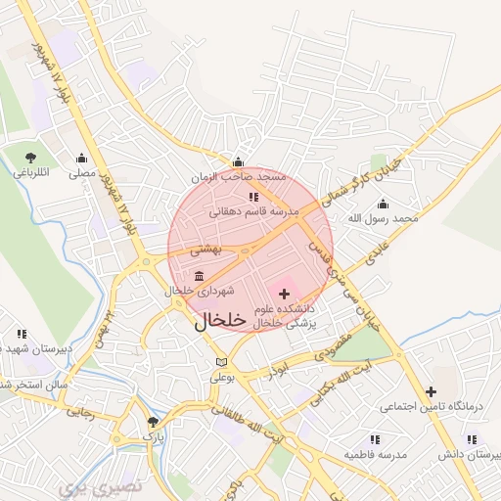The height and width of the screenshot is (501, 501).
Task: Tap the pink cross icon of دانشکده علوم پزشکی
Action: [285, 294]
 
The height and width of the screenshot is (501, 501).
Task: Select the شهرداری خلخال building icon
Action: [200, 275]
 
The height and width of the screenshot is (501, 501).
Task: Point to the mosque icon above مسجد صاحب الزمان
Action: [238, 162]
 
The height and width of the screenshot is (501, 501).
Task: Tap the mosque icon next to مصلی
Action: [81, 158]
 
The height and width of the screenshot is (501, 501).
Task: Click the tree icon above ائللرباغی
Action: [31, 157]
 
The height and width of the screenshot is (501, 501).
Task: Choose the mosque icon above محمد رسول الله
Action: [383, 204]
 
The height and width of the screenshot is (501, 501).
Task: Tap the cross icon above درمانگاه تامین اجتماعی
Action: [430, 391]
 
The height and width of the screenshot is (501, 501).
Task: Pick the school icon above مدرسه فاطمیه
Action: [373, 440]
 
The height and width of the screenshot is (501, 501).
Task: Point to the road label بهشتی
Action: [206, 250]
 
